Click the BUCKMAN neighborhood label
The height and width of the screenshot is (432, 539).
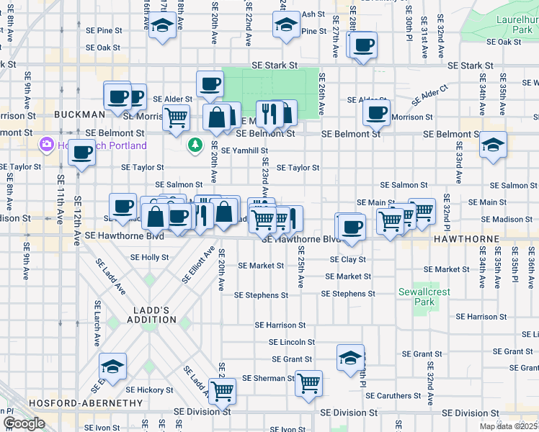coord(79,114)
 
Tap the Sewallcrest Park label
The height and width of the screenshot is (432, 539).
coord(417,297)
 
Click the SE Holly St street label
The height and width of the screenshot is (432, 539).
coord(149,257)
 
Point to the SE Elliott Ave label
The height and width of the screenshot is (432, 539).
coord(198,264)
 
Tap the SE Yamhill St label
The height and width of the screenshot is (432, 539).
coord(244,150)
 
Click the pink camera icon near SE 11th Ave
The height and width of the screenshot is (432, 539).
coord(48,145)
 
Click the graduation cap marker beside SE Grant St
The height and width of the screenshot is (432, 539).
coord(349,357)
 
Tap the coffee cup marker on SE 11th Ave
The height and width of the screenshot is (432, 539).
coord(82,153)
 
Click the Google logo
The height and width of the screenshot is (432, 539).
coord(24,423)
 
